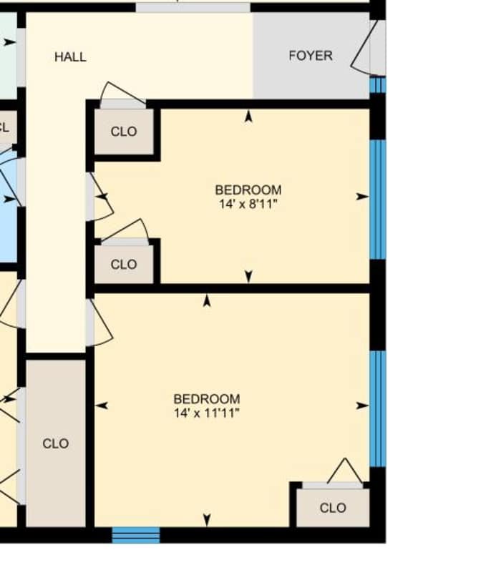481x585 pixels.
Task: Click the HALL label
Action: (70, 56)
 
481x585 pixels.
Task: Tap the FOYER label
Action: (311, 55)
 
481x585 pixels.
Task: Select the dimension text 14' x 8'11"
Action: (248, 204)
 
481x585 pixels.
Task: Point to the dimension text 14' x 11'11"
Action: (206, 413)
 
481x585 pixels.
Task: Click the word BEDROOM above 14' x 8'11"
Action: (248, 190)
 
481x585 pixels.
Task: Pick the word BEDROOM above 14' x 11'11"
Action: (206, 398)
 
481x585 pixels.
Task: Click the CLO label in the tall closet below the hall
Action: (56, 443)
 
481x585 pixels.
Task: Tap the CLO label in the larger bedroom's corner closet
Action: (332, 508)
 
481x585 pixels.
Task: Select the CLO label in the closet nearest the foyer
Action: (124, 132)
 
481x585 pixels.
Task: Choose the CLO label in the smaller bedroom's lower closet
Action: (124, 265)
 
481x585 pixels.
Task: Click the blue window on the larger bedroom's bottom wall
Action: (136, 535)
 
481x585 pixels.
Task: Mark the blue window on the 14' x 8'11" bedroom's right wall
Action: (377, 199)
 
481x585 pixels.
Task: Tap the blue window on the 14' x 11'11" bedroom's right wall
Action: (377, 408)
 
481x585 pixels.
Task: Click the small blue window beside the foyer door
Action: (377, 85)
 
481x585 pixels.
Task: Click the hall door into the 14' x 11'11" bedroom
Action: (99, 323)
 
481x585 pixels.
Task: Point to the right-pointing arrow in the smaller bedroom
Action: (362, 196)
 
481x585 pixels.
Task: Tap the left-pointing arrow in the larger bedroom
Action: (102, 405)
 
